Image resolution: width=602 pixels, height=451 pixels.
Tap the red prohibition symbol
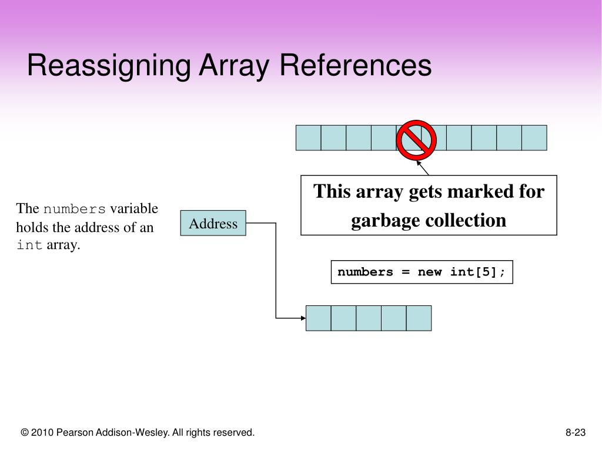click(416, 139)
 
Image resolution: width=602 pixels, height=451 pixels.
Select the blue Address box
click(213, 223)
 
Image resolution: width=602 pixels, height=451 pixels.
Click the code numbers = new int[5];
click(422, 272)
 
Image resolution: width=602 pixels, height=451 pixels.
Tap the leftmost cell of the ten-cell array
click(308, 137)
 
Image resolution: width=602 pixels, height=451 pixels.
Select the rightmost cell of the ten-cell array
click(534, 137)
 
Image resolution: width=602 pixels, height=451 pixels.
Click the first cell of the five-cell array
click(319, 318)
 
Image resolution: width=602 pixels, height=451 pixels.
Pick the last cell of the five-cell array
click(419, 318)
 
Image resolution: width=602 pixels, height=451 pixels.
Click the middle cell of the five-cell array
click(369, 318)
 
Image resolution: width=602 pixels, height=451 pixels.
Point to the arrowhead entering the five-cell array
click(302, 318)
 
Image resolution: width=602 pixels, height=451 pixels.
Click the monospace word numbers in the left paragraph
click(75, 209)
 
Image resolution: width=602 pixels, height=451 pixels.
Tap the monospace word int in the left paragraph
click(29, 245)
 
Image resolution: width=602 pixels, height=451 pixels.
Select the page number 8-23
click(576, 433)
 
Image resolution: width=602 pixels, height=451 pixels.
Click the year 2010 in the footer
click(42, 433)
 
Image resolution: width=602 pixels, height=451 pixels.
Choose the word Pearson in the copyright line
click(73, 433)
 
